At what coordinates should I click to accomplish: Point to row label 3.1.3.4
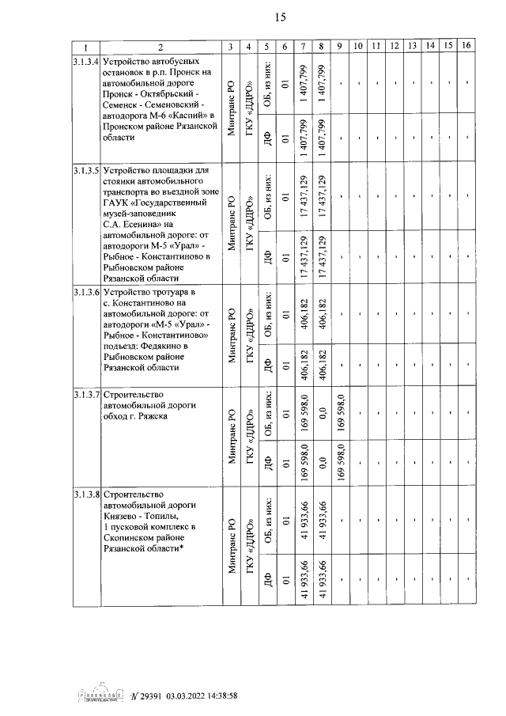coord(85,61)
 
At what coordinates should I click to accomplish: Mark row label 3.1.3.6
coord(85,292)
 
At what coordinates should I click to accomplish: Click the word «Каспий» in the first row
coord(183,115)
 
